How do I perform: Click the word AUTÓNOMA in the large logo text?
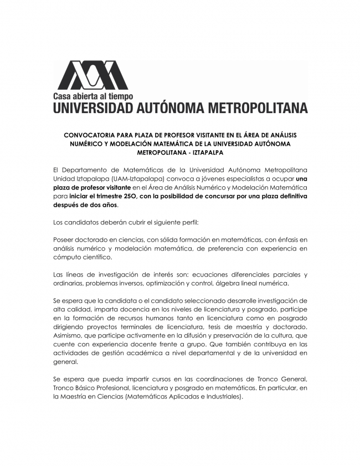coord(168,107)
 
